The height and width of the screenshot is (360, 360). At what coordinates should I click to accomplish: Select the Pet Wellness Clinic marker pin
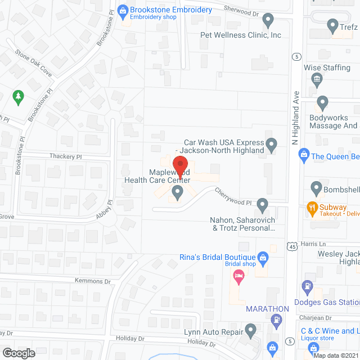click(268, 20)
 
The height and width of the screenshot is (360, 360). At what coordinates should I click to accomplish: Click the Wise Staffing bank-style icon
click(317, 78)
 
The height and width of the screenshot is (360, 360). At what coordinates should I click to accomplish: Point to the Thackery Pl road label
click(66, 157)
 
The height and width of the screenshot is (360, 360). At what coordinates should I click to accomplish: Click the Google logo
click(19, 353)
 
